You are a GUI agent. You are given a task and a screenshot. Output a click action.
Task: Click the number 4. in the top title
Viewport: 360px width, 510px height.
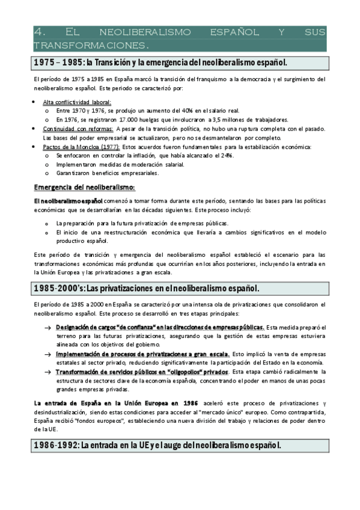[39, 32]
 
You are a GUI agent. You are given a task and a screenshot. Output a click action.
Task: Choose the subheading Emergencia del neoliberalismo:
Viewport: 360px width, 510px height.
[84, 187]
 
